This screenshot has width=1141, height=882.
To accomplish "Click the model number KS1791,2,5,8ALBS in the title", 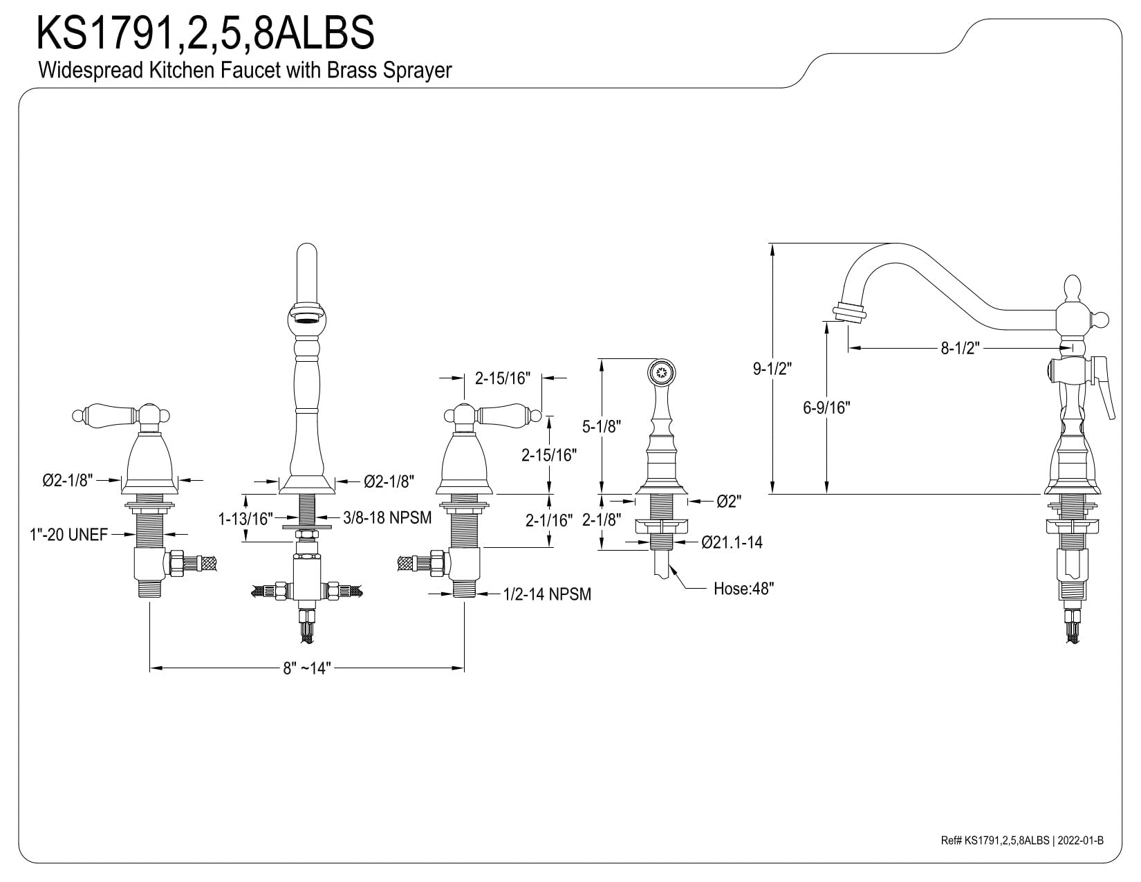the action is coord(205,33).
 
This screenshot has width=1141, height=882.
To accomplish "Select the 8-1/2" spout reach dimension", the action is coord(960,348).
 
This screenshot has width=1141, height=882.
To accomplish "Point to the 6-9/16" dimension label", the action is coord(826,407).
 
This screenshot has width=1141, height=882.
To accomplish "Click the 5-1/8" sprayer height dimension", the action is coord(601,426).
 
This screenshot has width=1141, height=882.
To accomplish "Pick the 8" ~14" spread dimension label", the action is coord(307,668).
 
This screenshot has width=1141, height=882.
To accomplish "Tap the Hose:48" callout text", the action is coord(743,589).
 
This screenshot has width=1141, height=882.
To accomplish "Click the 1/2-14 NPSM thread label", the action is coord(547,594).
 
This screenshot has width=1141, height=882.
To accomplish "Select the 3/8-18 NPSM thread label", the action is coord(387,517).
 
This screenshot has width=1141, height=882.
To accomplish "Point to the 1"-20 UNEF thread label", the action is coord(68,535).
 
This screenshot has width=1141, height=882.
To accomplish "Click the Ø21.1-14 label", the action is coord(732,542).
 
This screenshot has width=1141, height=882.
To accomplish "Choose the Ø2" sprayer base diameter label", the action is coord(729,502).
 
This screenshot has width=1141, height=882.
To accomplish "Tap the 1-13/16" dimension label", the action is coord(245,519).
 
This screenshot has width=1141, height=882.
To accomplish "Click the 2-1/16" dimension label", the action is coord(549,520).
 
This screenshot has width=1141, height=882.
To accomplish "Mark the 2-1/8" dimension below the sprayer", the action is coord(602,520).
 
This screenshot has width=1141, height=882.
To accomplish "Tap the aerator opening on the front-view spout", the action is coord(306,318).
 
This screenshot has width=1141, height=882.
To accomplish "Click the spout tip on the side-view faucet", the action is coord(848,314).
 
